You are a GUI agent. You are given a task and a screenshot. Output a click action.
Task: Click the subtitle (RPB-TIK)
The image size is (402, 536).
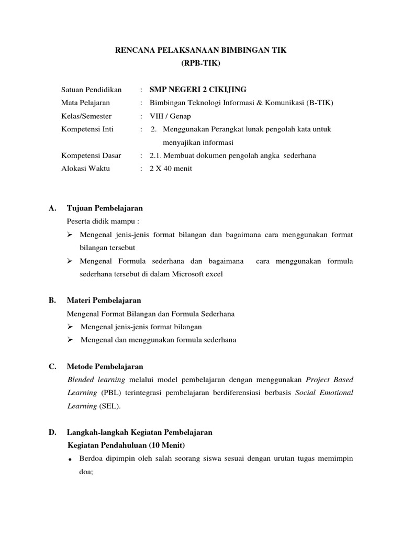click(201, 64)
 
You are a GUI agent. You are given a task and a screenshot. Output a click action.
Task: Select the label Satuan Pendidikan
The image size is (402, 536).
click(91, 90)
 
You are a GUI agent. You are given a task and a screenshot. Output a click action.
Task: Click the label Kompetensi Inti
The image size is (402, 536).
click(87, 129)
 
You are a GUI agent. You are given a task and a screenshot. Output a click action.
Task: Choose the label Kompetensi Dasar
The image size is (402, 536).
click(91, 155)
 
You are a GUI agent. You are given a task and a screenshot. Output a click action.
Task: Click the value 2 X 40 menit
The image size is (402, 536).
click(171, 169)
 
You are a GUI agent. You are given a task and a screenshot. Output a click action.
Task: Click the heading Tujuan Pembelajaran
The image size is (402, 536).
click(105, 208)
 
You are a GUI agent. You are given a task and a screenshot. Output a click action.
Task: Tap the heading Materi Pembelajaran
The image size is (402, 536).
click(104, 300)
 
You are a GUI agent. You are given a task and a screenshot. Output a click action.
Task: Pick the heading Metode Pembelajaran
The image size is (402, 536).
click(105, 366)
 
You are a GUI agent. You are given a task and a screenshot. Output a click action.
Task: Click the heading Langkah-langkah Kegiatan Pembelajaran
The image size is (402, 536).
click(139, 432)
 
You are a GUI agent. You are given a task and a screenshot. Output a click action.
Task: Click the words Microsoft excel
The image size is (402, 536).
click(196, 274)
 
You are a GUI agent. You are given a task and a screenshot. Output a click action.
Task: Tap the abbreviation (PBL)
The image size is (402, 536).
click(107, 393)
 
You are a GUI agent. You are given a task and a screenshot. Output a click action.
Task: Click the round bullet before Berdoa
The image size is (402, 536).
click(70, 460)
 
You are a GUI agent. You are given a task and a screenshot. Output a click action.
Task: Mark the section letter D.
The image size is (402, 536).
click(52, 432)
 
